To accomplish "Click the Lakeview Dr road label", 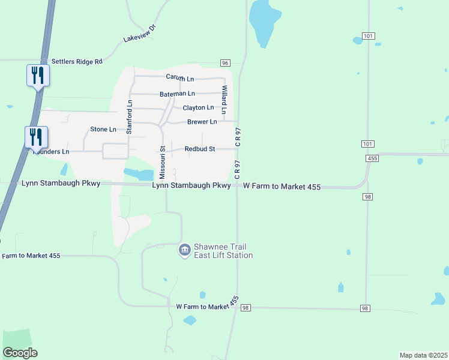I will [x=139, y=34].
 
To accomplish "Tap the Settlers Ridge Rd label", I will [x=77, y=61].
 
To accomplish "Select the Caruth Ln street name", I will [x=180, y=79].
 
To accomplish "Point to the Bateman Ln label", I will [x=177, y=94].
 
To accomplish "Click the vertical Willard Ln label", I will [x=224, y=100].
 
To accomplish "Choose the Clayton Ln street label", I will [x=198, y=107].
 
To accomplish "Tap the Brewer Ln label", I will [x=202, y=122].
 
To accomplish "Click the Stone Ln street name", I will [x=103, y=129].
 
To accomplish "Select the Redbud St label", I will [x=199, y=149].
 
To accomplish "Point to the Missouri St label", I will [x=162, y=162].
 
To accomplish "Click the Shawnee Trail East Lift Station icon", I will [x=185, y=249].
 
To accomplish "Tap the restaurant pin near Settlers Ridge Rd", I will [x=37, y=76].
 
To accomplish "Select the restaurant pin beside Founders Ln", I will [x=36, y=137].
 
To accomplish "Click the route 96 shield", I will [x=225, y=63].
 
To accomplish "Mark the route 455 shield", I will [x=372, y=158].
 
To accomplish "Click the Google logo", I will [x=20, y=353].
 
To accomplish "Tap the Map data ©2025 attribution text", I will [x=423, y=355].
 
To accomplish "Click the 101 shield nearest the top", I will [x=369, y=37].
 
